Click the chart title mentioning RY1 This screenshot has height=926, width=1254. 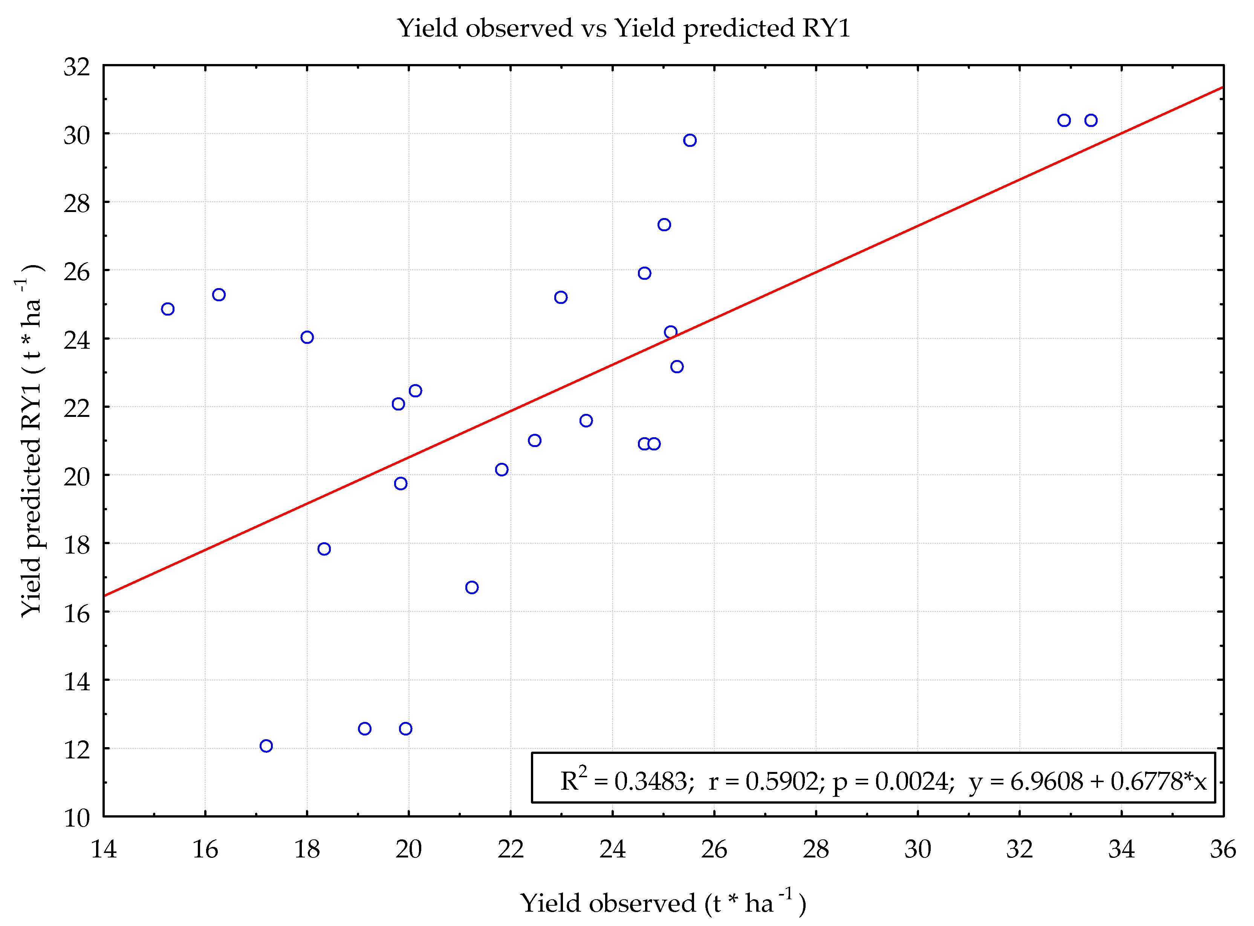pos(624,28)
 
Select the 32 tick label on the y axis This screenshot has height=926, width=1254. pos(77,67)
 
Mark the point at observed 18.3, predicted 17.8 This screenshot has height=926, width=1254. pos(324,549)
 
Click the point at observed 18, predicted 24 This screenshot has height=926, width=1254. pos(307,337)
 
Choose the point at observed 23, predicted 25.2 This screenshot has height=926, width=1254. pos(561,297)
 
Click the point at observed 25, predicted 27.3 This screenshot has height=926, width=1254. pos(664,225)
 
